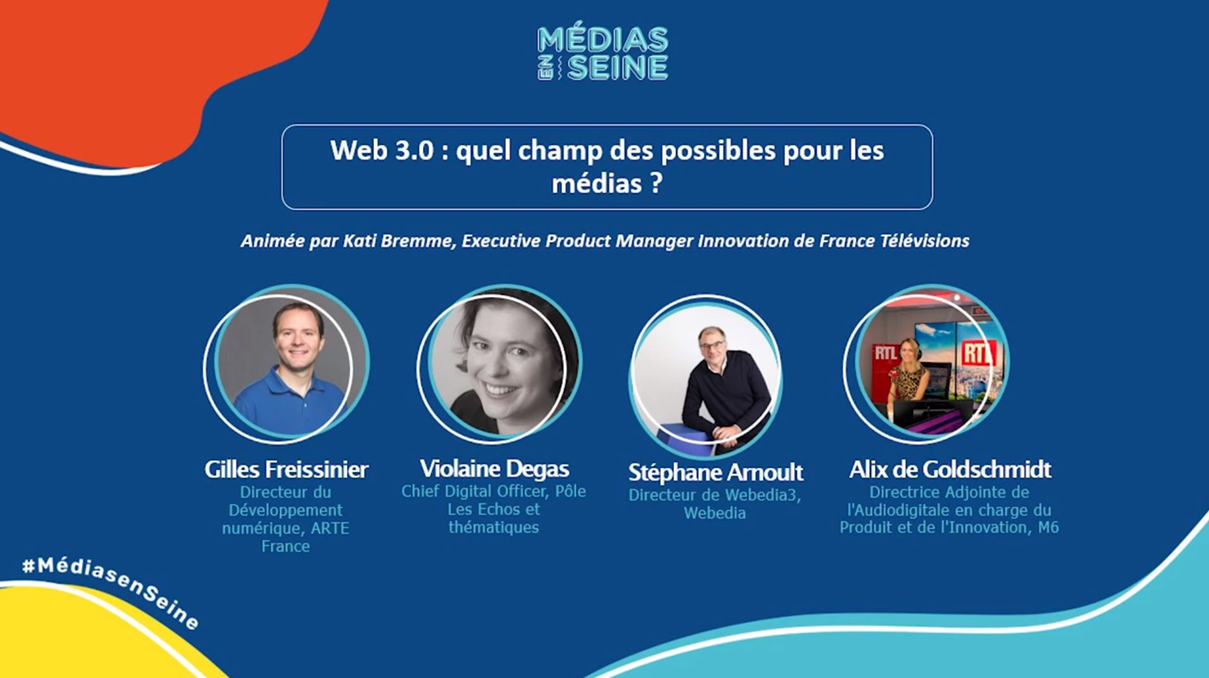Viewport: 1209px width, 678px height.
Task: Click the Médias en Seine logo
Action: pyautogui.click(x=603, y=53)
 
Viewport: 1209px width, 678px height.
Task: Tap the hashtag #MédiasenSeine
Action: pyautogui.click(x=111, y=593)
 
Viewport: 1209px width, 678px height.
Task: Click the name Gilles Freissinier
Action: pyautogui.click(x=286, y=470)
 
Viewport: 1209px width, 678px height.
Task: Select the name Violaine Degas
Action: pyautogui.click(x=494, y=469)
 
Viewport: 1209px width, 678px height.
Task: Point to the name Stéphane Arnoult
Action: pyautogui.click(x=716, y=472)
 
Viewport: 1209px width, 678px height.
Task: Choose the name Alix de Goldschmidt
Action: pyautogui.click(x=950, y=470)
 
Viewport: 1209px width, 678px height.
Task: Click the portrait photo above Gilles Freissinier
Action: pyautogui.click(x=286, y=363)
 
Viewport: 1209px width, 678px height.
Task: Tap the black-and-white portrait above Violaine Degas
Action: pyautogui.click(x=499, y=363)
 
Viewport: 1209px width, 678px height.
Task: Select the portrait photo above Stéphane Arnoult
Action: pyautogui.click(x=705, y=376)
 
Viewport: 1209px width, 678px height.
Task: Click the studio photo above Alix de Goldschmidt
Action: pyautogui.click(x=926, y=363)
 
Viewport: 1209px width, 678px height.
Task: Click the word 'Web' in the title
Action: pyautogui.click(x=357, y=151)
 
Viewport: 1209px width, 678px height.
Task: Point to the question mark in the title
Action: pyautogui.click(x=655, y=183)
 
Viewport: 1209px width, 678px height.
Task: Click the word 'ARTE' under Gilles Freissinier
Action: pyautogui.click(x=330, y=528)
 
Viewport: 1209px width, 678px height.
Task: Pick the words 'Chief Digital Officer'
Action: pyautogui.click(x=474, y=491)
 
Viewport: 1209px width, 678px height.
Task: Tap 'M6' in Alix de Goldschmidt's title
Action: pyautogui.click(x=1048, y=527)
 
